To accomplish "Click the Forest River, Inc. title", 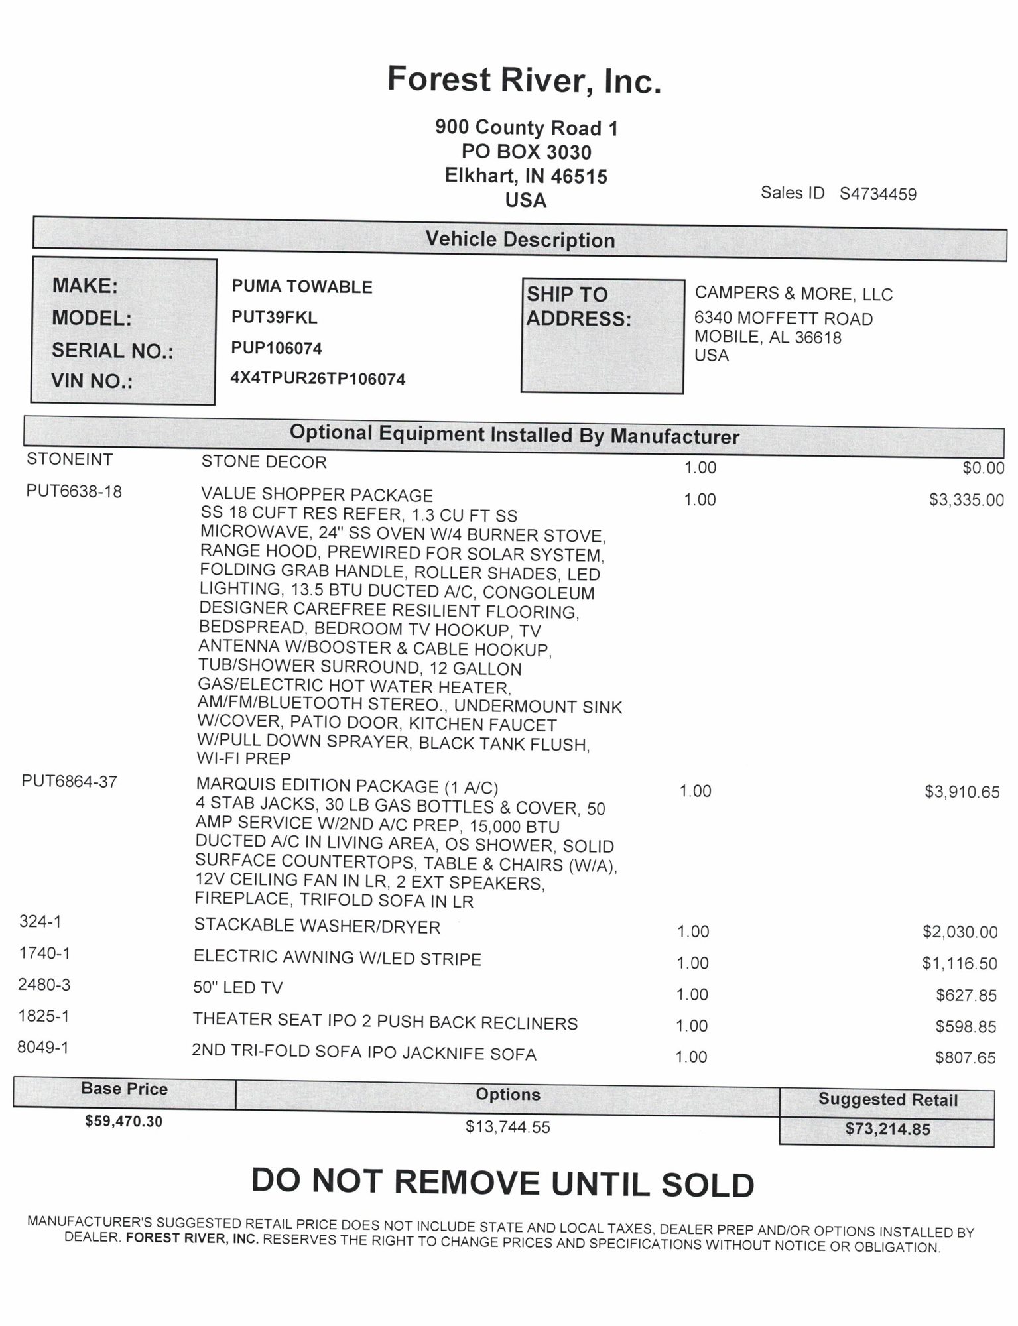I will click(x=524, y=80).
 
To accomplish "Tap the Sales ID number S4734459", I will click(x=877, y=194).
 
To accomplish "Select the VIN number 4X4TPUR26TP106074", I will click(x=318, y=379).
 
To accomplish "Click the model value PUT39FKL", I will click(x=275, y=318).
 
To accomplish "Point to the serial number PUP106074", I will click(x=277, y=348).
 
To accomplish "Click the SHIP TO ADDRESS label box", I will click(x=602, y=336).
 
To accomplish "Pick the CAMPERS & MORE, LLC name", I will click(x=793, y=294).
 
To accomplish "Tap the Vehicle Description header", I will click(x=520, y=239).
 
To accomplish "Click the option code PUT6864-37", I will click(x=70, y=782).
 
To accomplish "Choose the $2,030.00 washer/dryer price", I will click(x=960, y=932).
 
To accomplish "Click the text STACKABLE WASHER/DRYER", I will click(x=317, y=926).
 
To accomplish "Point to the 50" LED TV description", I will click(x=238, y=988).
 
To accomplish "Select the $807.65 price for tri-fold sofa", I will click(x=965, y=1057).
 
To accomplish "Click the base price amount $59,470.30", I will click(x=124, y=1121).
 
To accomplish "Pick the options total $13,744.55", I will click(x=508, y=1126).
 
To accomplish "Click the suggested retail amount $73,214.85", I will click(x=887, y=1129).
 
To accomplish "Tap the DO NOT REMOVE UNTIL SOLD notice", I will click(x=503, y=1183).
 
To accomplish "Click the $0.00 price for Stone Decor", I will click(x=983, y=468).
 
